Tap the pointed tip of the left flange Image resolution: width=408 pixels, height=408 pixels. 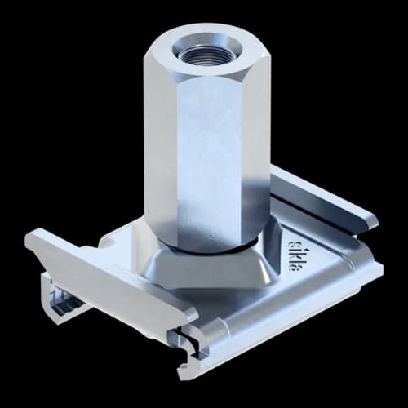[29, 237]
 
